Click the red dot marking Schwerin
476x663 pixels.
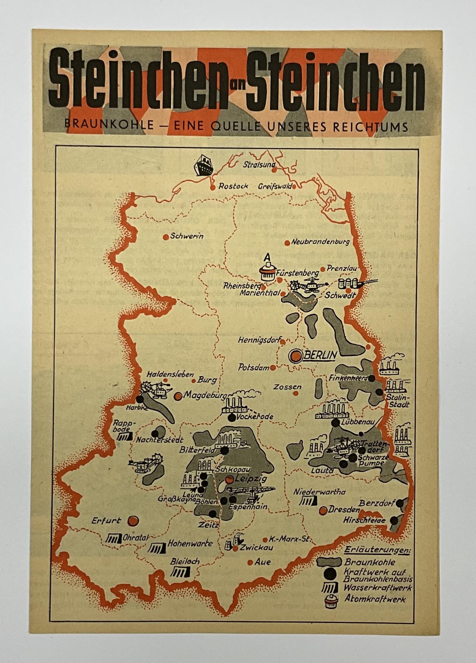tap(166, 237)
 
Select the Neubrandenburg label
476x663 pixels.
tap(320, 242)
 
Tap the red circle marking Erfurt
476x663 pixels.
tap(133, 521)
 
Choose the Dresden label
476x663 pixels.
tap(344, 510)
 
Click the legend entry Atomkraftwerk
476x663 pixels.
tap(375, 599)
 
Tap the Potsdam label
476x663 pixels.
tap(254, 367)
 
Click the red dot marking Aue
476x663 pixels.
tap(250, 562)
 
